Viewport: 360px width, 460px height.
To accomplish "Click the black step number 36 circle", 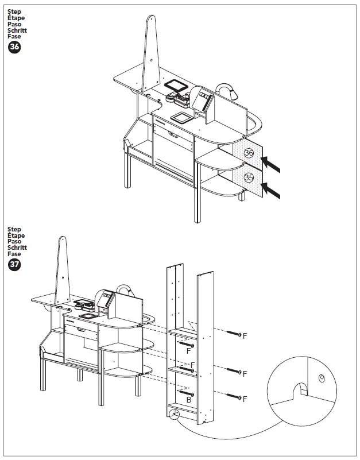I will point(14,48).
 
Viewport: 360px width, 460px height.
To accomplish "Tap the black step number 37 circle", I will point(14,265).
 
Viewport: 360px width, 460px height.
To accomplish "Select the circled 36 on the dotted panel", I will point(249,153).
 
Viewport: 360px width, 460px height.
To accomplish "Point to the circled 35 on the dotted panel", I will point(249,177).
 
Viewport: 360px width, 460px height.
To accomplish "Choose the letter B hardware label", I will point(188,400).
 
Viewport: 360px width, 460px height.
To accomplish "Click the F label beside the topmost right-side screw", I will point(245,335).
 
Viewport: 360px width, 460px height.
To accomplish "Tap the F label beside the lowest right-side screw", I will point(245,398).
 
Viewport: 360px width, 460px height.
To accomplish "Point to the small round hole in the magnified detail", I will point(322,377).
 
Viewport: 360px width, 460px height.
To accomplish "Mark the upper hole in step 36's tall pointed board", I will point(151,59).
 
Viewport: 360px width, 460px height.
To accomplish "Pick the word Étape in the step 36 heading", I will point(16,18).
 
